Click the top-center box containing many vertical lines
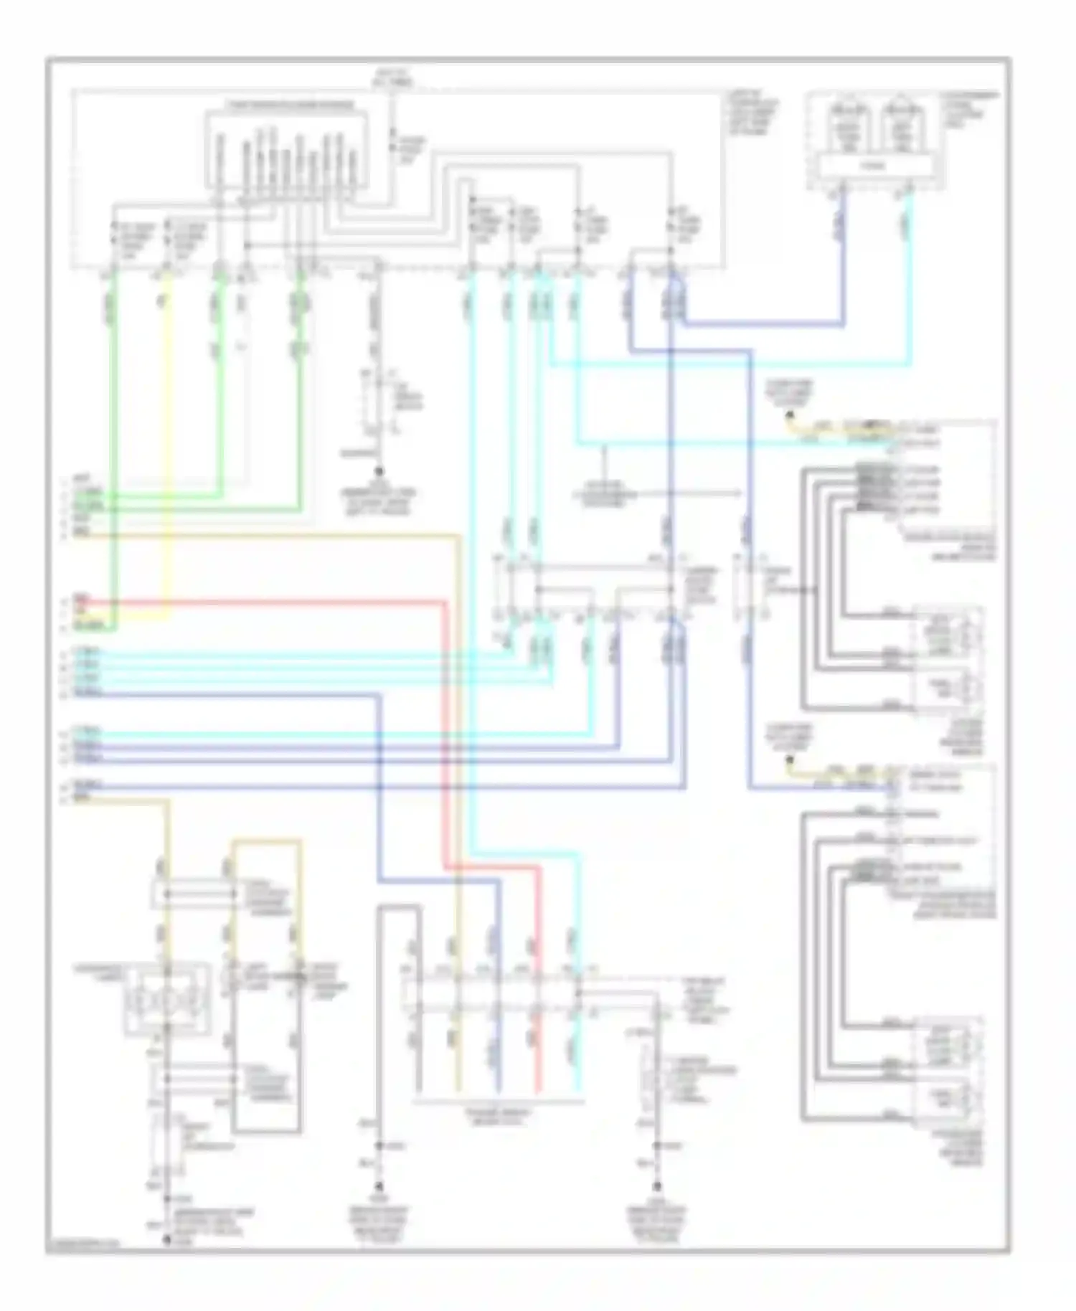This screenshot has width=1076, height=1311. point(287,151)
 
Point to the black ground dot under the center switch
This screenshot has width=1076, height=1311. point(379,471)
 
